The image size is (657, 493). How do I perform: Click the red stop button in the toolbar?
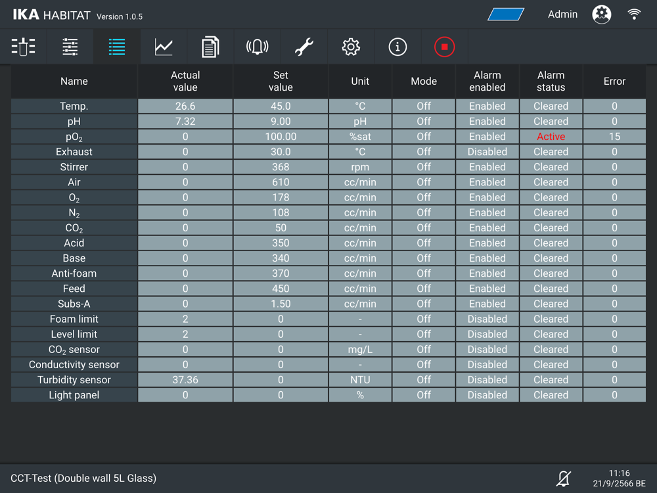coord(444,47)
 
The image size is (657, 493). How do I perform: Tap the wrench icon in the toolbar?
coord(304,47)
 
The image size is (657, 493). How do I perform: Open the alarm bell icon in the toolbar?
coord(257,47)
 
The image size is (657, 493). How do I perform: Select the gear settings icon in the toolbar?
coord(351,47)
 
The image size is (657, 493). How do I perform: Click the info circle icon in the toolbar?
coord(397,47)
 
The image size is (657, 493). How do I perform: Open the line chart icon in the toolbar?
coord(164,47)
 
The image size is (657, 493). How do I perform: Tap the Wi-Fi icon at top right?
coord(634,14)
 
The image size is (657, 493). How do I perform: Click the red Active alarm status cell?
coord(551,137)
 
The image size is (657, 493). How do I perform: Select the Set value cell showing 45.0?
coord(281,106)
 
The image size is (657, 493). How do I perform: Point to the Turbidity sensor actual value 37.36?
coord(185,380)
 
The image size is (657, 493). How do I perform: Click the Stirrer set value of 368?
coord(281,167)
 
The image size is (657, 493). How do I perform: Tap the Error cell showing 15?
coord(614,137)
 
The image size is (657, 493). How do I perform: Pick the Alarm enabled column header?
coord(487,82)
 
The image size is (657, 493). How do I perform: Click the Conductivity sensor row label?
coord(74,365)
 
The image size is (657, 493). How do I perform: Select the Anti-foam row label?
coord(74,273)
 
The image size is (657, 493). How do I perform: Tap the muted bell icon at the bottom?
coord(563,478)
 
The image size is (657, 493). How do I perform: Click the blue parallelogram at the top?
coord(506,14)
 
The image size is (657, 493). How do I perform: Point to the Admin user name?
coord(562,14)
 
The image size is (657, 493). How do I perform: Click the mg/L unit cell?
coord(360,350)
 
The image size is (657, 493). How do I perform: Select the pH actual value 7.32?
coord(185,122)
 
